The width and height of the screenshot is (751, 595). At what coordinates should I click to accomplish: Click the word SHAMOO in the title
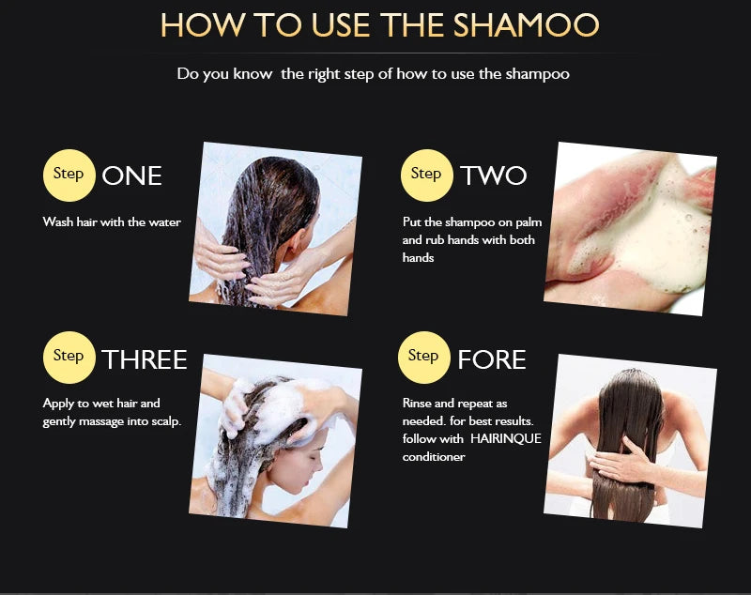(x=526, y=25)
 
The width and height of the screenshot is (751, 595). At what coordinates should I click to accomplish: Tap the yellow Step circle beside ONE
(x=69, y=175)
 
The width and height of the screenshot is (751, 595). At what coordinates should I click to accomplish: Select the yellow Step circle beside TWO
(x=427, y=175)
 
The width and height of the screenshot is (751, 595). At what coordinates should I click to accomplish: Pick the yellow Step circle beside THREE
(x=69, y=358)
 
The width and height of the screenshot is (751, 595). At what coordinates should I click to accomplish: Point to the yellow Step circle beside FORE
(x=424, y=358)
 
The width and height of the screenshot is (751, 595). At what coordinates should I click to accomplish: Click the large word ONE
(x=131, y=175)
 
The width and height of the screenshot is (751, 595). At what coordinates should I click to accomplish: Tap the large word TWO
(x=494, y=175)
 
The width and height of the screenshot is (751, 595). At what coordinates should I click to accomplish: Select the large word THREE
(x=145, y=359)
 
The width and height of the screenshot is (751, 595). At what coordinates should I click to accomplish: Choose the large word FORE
(x=491, y=359)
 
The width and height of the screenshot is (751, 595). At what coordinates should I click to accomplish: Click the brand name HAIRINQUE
(x=506, y=438)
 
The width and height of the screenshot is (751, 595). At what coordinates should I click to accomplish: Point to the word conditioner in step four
(x=434, y=457)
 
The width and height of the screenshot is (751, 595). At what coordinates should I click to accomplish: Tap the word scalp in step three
(x=166, y=421)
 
